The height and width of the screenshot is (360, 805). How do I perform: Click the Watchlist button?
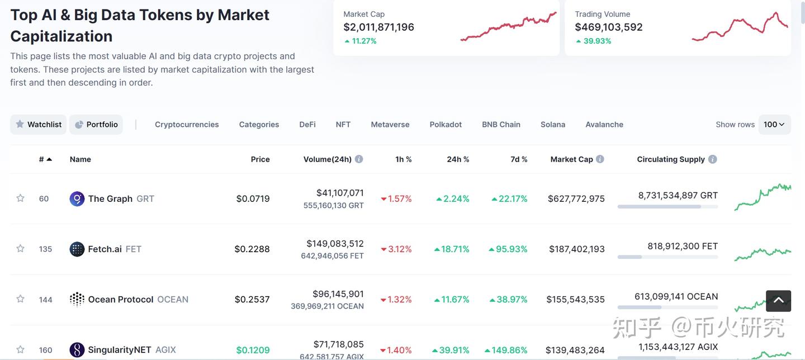39,125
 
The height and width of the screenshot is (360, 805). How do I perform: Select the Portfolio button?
96,125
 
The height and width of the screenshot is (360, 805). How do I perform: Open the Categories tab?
259,125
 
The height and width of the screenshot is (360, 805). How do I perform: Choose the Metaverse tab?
390,125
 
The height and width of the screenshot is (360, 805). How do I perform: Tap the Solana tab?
553,125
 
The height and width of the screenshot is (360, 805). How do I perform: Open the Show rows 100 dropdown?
774,125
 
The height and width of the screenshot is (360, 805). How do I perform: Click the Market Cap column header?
571,159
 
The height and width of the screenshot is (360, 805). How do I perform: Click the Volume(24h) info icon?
359,159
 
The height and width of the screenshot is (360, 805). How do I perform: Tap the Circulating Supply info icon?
712,159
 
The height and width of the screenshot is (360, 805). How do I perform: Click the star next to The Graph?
21,198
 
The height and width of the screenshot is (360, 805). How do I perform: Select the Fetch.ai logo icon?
77,249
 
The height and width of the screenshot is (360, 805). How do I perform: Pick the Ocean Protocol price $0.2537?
252,300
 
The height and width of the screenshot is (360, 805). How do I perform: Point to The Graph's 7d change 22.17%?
510,199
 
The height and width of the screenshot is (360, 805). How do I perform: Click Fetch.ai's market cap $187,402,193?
576,249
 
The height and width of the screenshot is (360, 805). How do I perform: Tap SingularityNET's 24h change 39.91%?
451,350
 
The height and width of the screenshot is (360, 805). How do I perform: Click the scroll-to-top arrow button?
778,301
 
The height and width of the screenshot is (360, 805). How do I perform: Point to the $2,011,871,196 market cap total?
378,27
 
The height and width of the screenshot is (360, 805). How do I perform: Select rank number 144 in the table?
46,300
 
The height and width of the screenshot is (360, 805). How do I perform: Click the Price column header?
260,159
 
